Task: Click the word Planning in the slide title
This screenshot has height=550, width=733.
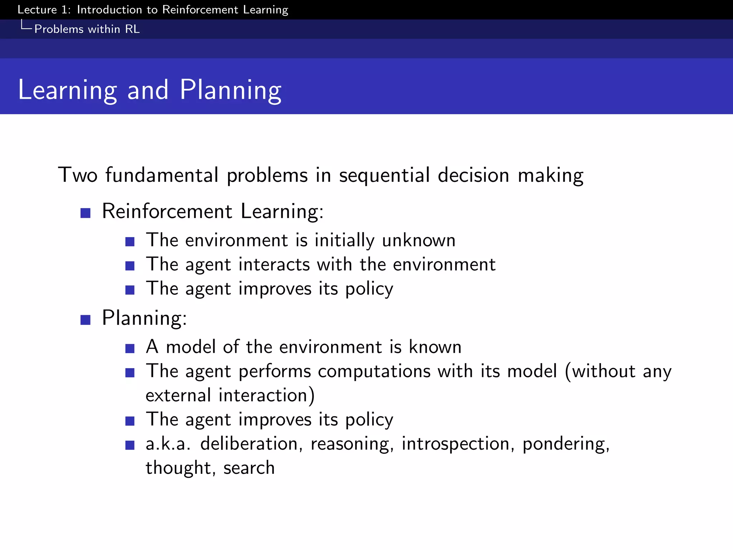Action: (230, 90)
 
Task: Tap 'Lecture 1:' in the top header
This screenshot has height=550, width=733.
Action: (44, 10)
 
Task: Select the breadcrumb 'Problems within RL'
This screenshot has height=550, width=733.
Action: (87, 29)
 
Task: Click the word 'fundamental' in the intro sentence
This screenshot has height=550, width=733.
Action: (162, 175)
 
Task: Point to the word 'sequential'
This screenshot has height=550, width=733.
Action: (384, 176)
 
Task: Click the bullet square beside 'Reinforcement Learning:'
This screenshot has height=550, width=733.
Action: (85, 213)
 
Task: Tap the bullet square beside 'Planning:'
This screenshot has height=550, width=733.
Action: (85, 320)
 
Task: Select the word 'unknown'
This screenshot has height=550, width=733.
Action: (418, 240)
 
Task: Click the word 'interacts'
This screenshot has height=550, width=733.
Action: (274, 265)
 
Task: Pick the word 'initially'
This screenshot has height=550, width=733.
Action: (344, 240)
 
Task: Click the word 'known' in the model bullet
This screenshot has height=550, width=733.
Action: (435, 347)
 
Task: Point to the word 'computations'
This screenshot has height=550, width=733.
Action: (374, 371)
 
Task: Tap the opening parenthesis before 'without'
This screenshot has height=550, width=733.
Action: (568, 371)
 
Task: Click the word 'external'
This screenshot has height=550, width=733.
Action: (178, 396)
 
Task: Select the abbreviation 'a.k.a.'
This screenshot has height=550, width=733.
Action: (168, 444)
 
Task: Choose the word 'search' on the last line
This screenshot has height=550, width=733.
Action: (249, 468)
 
